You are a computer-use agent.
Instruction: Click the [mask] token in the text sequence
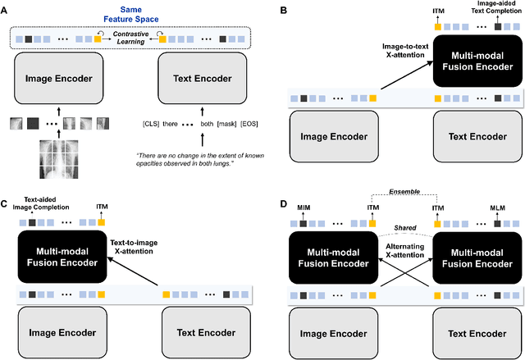click(x=219, y=126)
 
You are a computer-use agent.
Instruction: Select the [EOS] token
click(x=244, y=126)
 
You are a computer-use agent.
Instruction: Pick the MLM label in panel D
click(x=499, y=207)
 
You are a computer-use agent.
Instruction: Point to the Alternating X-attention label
click(x=400, y=251)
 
